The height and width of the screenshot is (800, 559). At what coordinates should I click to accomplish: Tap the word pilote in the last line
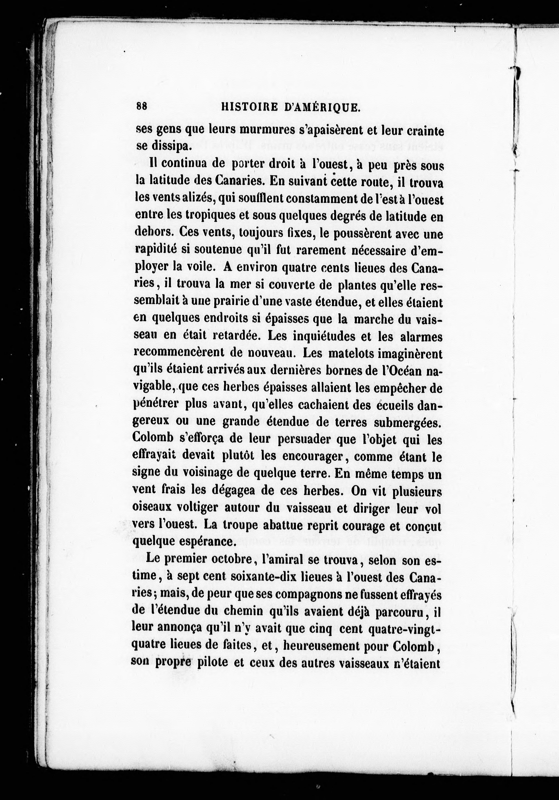click(x=213, y=662)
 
